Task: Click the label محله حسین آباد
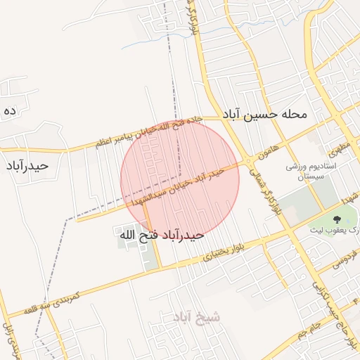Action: [266, 114]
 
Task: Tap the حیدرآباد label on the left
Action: [27, 166]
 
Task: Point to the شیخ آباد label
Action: [196, 318]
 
